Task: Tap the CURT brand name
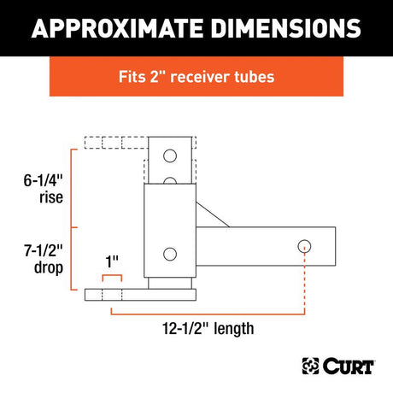click(349, 366)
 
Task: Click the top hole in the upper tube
click(170, 156)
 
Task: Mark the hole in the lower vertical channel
click(169, 254)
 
